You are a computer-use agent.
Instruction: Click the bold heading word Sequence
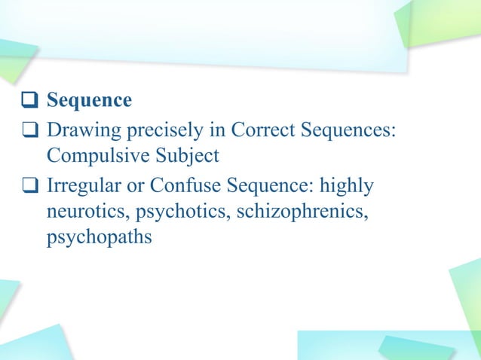click(89, 100)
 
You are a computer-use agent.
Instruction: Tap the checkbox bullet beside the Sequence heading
click(29, 101)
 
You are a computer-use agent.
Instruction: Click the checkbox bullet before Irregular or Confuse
click(29, 185)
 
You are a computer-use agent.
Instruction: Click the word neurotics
click(80, 211)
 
